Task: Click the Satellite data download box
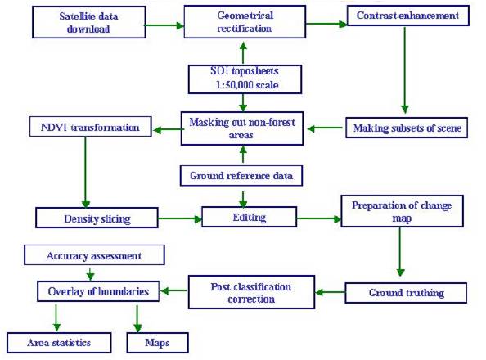pyautogui.click(x=89, y=22)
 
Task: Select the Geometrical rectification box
pyautogui.click(x=245, y=22)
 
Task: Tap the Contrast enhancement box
pyautogui.click(x=408, y=16)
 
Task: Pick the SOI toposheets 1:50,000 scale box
pyautogui.click(x=245, y=79)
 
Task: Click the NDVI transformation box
pyautogui.click(x=91, y=127)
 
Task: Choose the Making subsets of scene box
pyautogui.click(x=407, y=128)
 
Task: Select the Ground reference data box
pyautogui.click(x=241, y=176)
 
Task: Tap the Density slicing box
pyautogui.click(x=97, y=218)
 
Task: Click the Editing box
pyautogui.click(x=250, y=217)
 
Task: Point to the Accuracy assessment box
pyautogui.click(x=94, y=255)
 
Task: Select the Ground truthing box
pyautogui.click(x=406, y=293)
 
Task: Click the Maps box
pyautogui.click(x=157, y=343)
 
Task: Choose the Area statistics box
pyautogui.click(x=59, y=343)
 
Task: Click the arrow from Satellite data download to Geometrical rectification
pyautogui.click(x=165, y=25)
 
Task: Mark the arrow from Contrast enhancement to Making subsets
pyautogui.click(x=404, y=70)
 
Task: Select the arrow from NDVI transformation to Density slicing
pyautogui.click(x=86, y=172)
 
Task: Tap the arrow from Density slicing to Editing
pyautogui.click(x=180, y=219)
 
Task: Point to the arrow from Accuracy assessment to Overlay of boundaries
pyautogui.click(x=90, y=273)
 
